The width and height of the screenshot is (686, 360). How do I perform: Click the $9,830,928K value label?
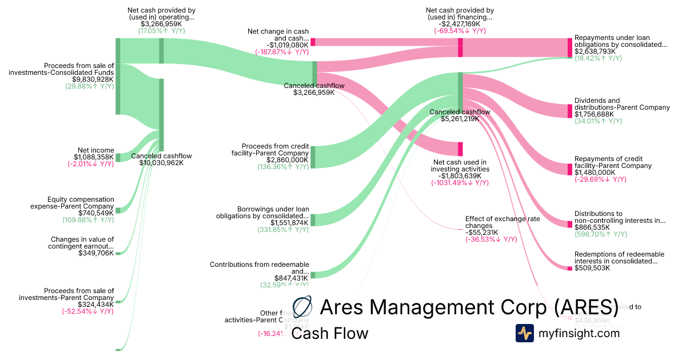tap(93, 79)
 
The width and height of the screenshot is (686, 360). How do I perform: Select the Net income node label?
tap(96, 150)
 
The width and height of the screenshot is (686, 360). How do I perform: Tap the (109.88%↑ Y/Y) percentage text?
tap(88, 219)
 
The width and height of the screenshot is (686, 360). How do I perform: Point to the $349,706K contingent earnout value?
tap(96, 253)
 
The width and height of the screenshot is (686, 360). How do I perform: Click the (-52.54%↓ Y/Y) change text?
tap(88, 311)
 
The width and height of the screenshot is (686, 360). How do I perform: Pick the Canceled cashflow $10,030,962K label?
tap(162, 159)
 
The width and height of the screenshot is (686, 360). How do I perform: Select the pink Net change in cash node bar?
tap(313, 42)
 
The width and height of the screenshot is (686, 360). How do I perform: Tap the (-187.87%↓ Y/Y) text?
tap(282, 51)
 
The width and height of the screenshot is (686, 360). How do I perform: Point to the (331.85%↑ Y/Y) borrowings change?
tap(283, 229)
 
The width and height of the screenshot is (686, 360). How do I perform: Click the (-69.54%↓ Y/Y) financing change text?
tap(460, 31)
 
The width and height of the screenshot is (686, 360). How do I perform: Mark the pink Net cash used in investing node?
tap(460, 148)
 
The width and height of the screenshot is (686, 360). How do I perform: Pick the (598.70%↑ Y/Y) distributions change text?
tap(600, 234)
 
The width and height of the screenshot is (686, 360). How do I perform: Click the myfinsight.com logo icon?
tap(525, 333)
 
